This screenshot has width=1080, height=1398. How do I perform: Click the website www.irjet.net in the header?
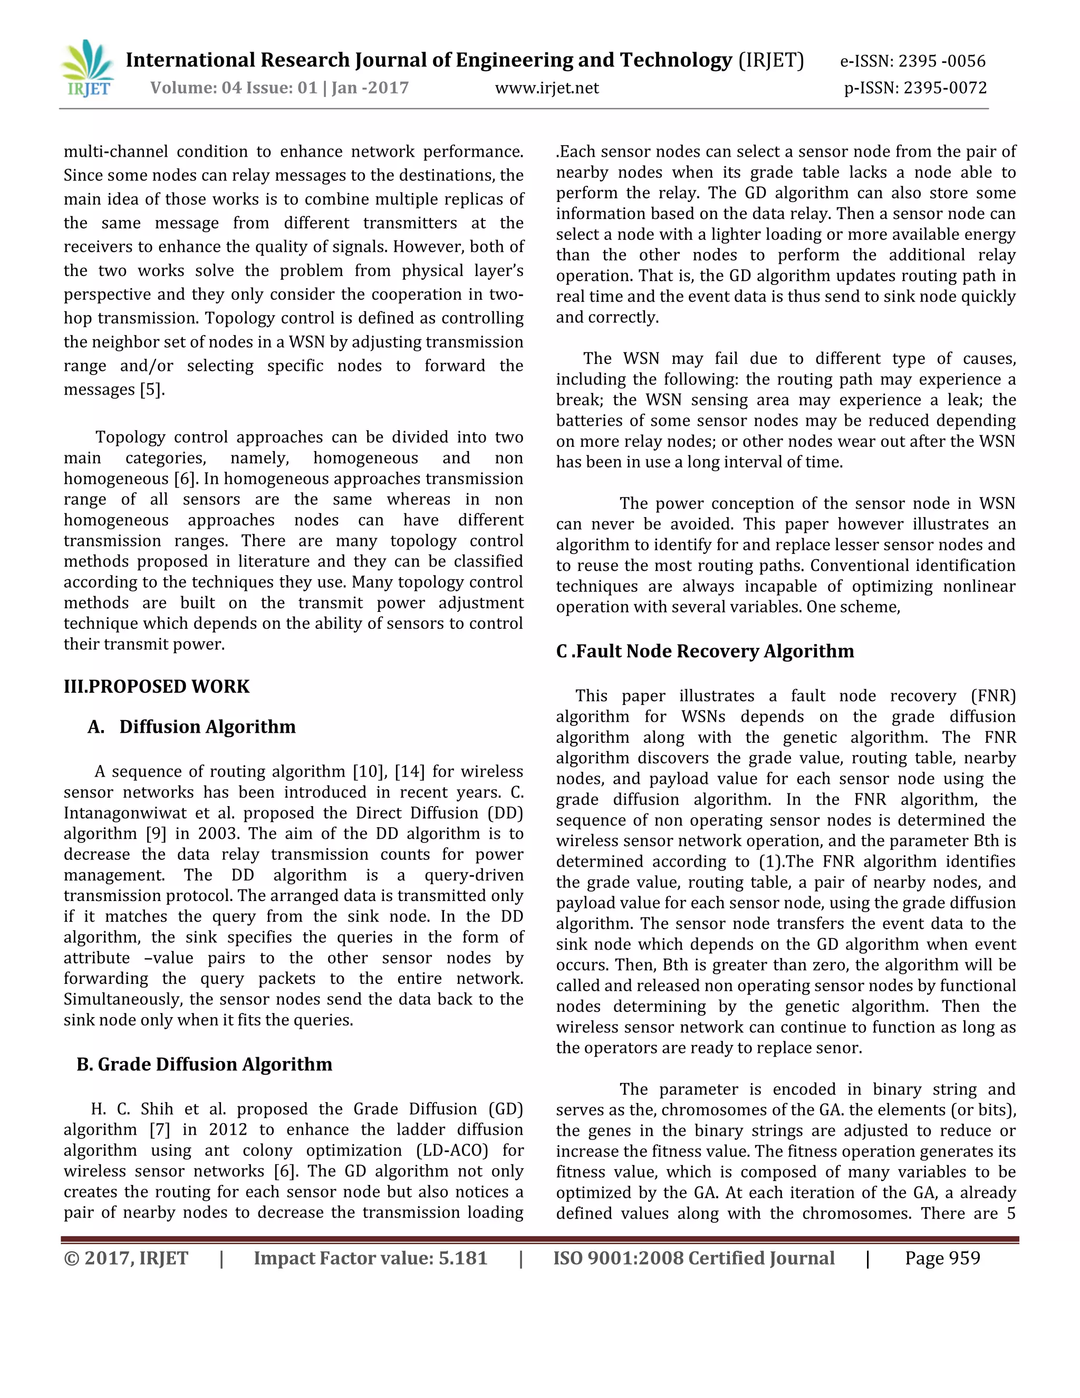(547, 88)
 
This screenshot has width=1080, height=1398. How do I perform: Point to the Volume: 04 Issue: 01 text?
(234, 88)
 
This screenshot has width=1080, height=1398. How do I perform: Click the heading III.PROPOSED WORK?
(156, 686)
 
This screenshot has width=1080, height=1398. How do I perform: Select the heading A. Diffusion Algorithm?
(192, 726)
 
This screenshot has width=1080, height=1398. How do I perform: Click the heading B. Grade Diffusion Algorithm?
(204, 1064)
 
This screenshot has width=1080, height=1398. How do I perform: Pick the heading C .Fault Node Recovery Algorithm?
(705, 651)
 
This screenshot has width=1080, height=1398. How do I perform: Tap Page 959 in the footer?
(942, 1258)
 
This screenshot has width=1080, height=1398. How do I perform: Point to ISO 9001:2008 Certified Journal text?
(693, 1258)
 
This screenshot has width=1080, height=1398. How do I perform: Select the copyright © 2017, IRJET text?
(126, 1258)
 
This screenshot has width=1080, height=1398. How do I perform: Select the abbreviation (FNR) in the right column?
(992, 696)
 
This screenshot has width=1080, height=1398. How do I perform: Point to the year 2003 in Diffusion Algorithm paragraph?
(218, 834)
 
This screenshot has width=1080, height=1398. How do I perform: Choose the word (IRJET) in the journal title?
(771, 60)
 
